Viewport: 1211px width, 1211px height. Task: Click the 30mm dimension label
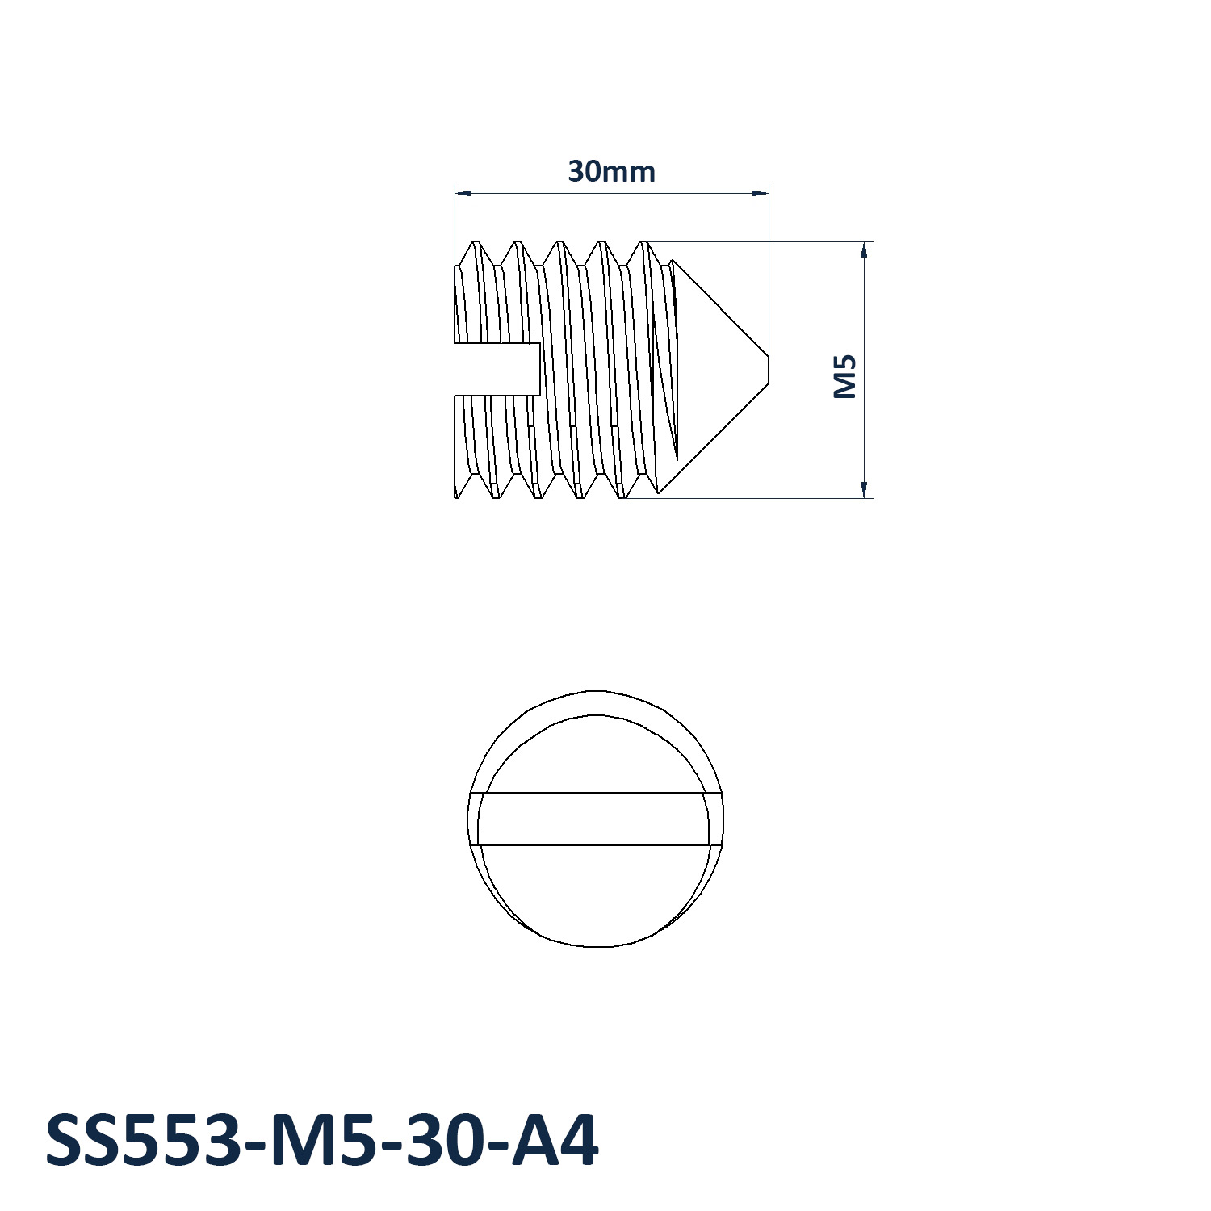click(x=611, y=172)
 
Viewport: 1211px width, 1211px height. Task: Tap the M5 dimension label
click(x=844, y=376)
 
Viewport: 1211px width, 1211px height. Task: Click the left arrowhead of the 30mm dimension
click(x=463, y=193)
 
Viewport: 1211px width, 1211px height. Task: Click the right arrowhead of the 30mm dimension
click(x=760, y=193)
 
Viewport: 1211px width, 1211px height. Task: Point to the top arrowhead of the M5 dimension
click(x=864, y=249)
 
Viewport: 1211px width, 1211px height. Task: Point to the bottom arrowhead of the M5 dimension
click(x=864, y=489)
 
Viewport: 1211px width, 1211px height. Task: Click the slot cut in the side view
click(x=497, y=369)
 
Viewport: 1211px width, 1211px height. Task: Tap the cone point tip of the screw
click(x=768, y=369)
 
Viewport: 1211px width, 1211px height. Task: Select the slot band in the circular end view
click(x=596, y=819)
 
